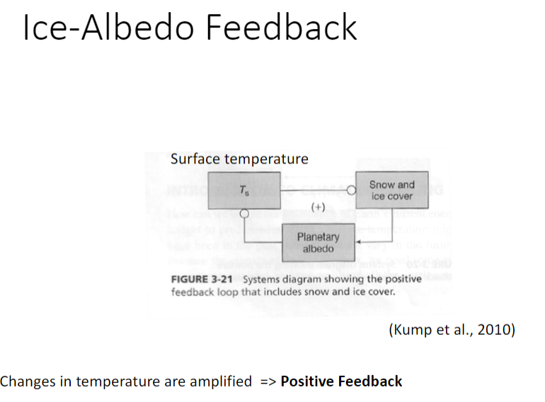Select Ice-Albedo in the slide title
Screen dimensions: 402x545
click(x=110, y=28)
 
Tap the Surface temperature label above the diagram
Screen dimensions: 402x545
click(x=239, y=159)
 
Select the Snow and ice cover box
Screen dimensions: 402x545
click(x=391, y=190)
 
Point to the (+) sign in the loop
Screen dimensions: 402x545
click(x=318, y=207)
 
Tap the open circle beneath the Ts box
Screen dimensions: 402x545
click(x=243, y=212)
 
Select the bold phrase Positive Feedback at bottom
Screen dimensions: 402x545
click(x=341, y=381)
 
